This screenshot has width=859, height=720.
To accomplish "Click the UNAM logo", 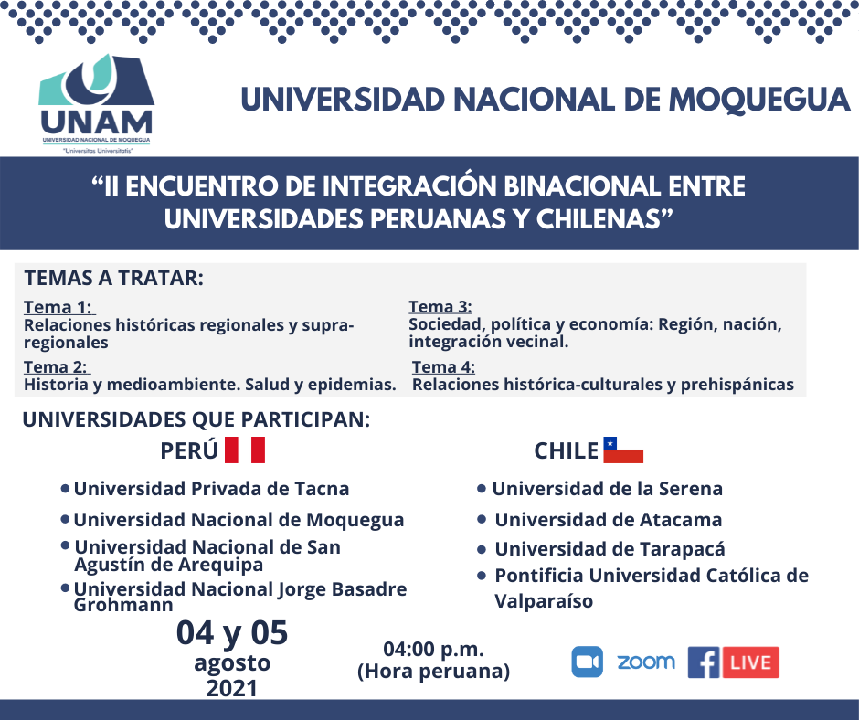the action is (x=97, y=103).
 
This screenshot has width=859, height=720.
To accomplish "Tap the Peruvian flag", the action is (x=245, y=450).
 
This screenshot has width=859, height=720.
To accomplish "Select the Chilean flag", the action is (x=623, y=450).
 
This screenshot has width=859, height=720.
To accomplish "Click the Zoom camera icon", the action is (x=588, y=662).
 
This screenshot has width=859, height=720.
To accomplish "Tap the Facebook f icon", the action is (x=704, y=662).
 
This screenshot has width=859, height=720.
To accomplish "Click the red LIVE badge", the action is (x=750, y=662).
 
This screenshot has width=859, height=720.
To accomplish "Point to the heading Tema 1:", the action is (x=58, y=307).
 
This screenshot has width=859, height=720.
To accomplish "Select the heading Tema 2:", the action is (x=56, y=367).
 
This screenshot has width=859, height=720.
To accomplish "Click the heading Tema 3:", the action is (x=440, y=307).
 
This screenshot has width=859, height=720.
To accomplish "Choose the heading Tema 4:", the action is (x=444, y=367).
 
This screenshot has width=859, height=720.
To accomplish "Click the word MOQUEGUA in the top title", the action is (x=758, y=100).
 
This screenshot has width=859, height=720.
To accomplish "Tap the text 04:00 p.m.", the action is (x=434, y=650).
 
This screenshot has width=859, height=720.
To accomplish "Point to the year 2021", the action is (x=232, y=688).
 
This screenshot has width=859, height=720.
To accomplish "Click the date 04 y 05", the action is (x=232, y=633).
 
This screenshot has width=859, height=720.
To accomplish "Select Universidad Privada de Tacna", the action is (x=211, y=489).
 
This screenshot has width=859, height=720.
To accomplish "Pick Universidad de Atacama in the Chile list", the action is (x=609, y=520).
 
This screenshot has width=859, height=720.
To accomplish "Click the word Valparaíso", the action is (x=544, y=601).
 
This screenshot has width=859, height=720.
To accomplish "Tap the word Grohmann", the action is (x=123, y=605).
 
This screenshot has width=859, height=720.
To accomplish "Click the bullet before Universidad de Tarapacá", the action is (x=482, y=549).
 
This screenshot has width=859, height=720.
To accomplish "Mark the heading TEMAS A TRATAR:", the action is (x=114, y=279).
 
